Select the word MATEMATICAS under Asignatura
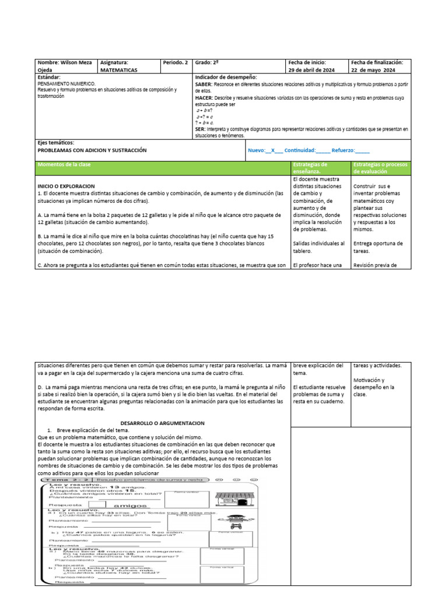click(119, 69)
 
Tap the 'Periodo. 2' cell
click(176, 62)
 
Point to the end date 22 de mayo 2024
click(373, 69)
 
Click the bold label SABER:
click(204, 85)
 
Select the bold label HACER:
click(204, 97)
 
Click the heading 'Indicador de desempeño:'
click(226, 77)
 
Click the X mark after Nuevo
click(274, 150)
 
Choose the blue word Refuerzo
click(344, 150)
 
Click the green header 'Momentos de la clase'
click(64, 165)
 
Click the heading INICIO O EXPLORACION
click(66, 185)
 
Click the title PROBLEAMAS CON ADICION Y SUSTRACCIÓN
click(92, 150)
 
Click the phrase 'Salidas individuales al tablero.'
click(318, 247)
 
